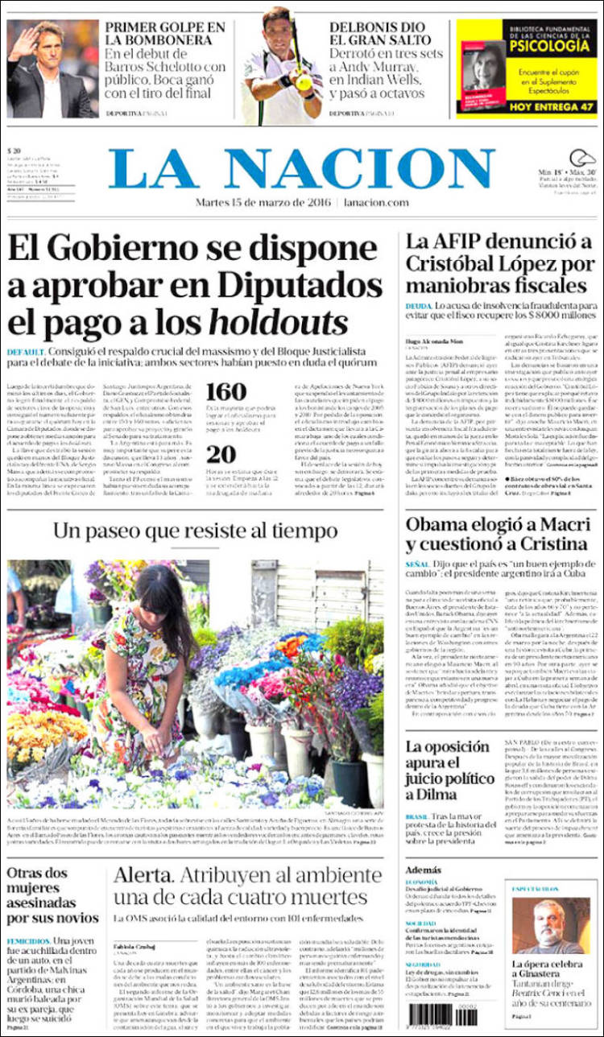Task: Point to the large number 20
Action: tap(221, 455)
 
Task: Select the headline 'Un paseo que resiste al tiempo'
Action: tap(195, 531)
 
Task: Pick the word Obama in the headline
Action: tap(439, 526)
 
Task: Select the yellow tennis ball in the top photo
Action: tap(303, 82)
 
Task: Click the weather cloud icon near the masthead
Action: tap(582, 159)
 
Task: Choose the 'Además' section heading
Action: tap(424, 870)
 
